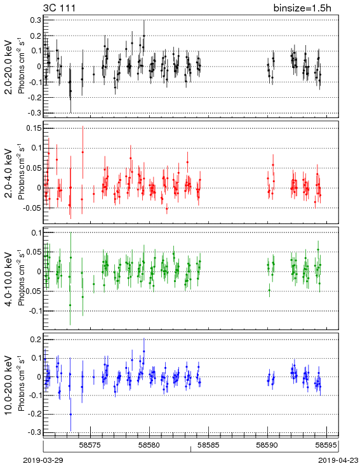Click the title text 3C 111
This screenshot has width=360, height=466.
(59, 8)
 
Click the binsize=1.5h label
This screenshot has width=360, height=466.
(302, 8)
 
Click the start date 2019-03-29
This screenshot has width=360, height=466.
(43, 460)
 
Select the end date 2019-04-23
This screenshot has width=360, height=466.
(338, 460)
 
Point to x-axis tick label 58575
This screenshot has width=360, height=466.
(90, 445)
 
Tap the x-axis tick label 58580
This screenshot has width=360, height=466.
(150, 445)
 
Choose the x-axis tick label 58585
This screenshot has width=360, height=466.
(210, 445)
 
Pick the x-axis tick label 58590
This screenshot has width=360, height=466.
(267, 445)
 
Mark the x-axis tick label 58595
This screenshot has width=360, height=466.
(327, 445)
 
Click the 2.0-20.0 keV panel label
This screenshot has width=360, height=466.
(9, 67)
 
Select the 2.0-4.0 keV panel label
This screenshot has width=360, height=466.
(9, 173)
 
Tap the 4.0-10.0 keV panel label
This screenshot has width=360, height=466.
(9, 279)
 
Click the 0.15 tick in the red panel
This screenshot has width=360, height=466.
(34, 128)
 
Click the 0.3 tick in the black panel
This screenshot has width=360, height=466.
(36, 20)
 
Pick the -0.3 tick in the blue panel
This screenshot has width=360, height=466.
(34, 432)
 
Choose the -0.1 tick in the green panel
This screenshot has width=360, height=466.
(34, 311)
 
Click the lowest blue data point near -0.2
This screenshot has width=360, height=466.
(70, 415)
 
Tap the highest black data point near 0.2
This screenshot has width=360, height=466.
(144, 36)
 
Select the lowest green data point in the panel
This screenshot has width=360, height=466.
(70, 305)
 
